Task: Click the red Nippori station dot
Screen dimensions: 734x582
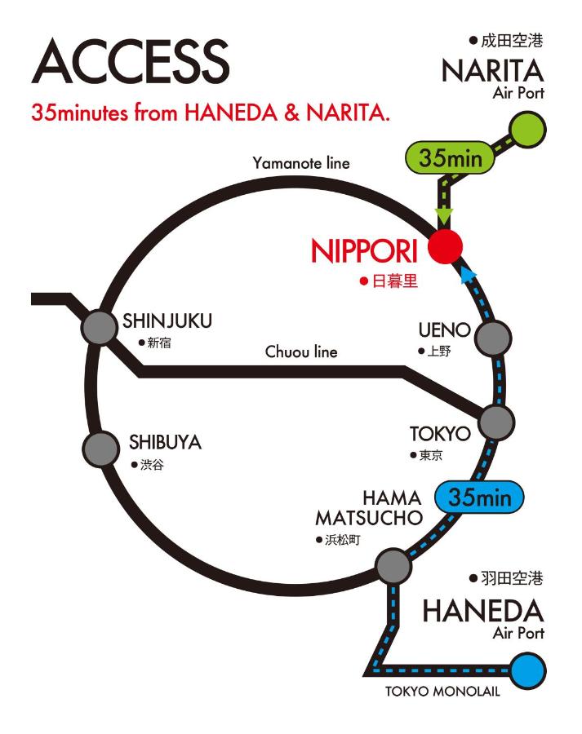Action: coord(446,245)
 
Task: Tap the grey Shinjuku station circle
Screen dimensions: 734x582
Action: coord(100,329)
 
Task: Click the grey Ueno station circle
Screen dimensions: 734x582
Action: coord(493,337)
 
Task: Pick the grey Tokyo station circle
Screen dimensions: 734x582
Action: coord(496,422)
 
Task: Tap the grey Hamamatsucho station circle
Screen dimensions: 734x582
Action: coord(393,565)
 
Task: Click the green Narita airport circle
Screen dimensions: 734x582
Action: coord(526,129)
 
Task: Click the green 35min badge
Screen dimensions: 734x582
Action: coord(451,158)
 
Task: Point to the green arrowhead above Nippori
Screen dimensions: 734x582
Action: coord(444,217)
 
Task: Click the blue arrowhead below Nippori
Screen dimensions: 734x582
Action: coord(467,276)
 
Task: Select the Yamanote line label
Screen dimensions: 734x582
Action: coord(301,163)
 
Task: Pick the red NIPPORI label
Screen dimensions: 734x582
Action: coord(364,250)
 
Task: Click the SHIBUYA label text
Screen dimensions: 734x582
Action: coord(165,443)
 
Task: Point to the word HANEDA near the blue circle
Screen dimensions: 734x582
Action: coord(483,611)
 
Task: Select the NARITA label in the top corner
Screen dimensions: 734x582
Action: coord(493,71)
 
